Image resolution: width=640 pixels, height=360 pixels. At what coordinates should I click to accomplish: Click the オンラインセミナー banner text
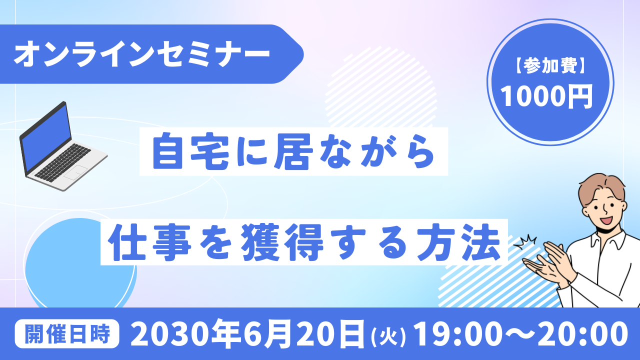coord(142,54)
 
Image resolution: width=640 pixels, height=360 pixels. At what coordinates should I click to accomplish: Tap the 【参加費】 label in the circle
coord(550,66)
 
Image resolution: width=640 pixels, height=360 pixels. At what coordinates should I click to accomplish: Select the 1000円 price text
coord(546,96)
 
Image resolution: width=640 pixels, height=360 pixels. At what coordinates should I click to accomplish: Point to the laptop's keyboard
coord(62,162)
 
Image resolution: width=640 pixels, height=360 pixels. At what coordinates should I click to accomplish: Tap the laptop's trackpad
coord(75,172)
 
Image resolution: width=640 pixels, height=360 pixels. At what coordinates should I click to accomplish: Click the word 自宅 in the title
coord(191,151)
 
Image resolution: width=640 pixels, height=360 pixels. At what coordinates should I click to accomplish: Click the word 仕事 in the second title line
coord(149,242)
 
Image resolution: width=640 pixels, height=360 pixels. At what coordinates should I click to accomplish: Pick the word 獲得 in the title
coord(282,242)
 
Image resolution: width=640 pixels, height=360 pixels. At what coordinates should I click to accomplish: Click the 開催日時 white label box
coord(67,333)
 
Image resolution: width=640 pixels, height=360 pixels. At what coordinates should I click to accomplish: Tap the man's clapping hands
coord(548,263)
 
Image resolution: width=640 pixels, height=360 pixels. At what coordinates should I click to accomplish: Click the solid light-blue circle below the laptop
coord(80,263)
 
